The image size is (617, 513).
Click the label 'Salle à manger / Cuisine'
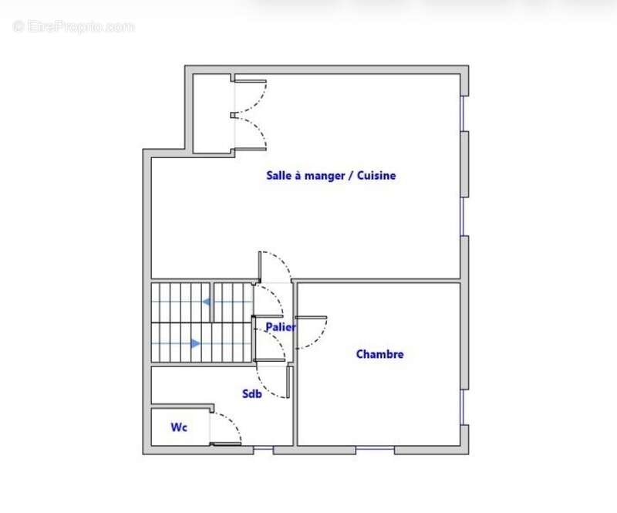coord(331,176)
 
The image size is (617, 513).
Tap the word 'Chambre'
coord(379,355)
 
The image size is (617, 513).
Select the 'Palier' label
coord(281,327)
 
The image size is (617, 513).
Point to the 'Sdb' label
coord(251,394)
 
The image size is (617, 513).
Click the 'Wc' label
coord(179,427)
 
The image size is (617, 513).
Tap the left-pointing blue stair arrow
coord(207,302)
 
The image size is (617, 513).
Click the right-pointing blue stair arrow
coord(195,343)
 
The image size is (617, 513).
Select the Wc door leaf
coord(225,444)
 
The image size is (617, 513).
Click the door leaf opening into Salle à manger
coord(261,267)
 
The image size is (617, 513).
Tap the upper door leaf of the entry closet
coord(251,81)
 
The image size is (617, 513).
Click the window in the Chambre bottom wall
coord(375,450)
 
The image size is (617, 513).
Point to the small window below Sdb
coord(264,449)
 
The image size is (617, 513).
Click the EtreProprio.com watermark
coord(73,27)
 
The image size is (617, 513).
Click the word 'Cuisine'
coord(378,176)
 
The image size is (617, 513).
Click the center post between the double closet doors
coord(233,116)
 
